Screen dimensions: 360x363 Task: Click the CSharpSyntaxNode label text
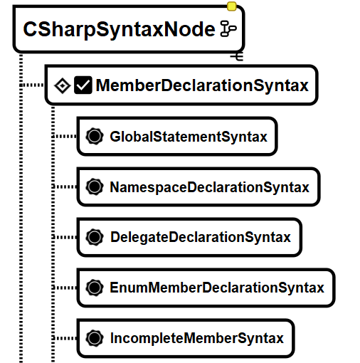click(x=119, y=29)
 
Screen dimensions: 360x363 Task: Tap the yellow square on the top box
click(x=231, y=6)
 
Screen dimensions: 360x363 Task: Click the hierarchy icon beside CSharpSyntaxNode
click(x=228, y=28)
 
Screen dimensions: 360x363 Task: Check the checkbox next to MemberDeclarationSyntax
click(x=83, y=85)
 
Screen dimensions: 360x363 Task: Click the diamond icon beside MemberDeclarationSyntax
click(x=62, y=85)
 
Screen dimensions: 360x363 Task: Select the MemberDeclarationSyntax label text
click(x=202, y=85)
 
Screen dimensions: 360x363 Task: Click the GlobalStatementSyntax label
click(x=189, y=137)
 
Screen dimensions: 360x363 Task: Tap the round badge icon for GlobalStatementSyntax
click(x=95, y=136)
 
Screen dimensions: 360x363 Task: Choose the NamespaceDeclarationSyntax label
click(x=210, y=187)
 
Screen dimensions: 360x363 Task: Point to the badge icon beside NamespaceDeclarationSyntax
click(x=95, y=186)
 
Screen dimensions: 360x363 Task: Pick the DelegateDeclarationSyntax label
click(x=201, y=237)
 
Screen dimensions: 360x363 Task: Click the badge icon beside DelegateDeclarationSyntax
click(x=95, y=237)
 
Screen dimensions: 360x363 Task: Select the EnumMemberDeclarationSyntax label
click(x=217, y=288)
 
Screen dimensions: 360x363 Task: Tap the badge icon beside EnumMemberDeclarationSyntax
click(x=95, y=288)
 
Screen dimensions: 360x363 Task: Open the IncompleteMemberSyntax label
click(x=197, y=338)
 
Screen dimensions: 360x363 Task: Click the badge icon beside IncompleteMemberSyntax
click(x=95, y=338)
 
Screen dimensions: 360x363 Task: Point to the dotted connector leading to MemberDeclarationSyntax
click(x=32, y=85)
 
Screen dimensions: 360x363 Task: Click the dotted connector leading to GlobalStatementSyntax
click(x=64, y=136)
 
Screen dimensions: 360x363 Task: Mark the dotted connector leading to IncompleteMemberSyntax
click(x=64, y=338)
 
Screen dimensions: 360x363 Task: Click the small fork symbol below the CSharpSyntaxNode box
click(x=237, y=56)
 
